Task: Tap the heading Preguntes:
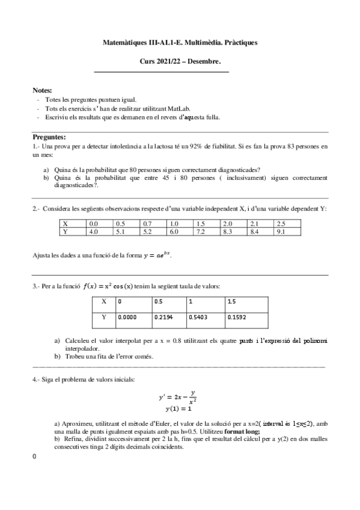click(x=49, y=137)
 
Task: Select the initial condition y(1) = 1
click(x=178, y=409)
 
